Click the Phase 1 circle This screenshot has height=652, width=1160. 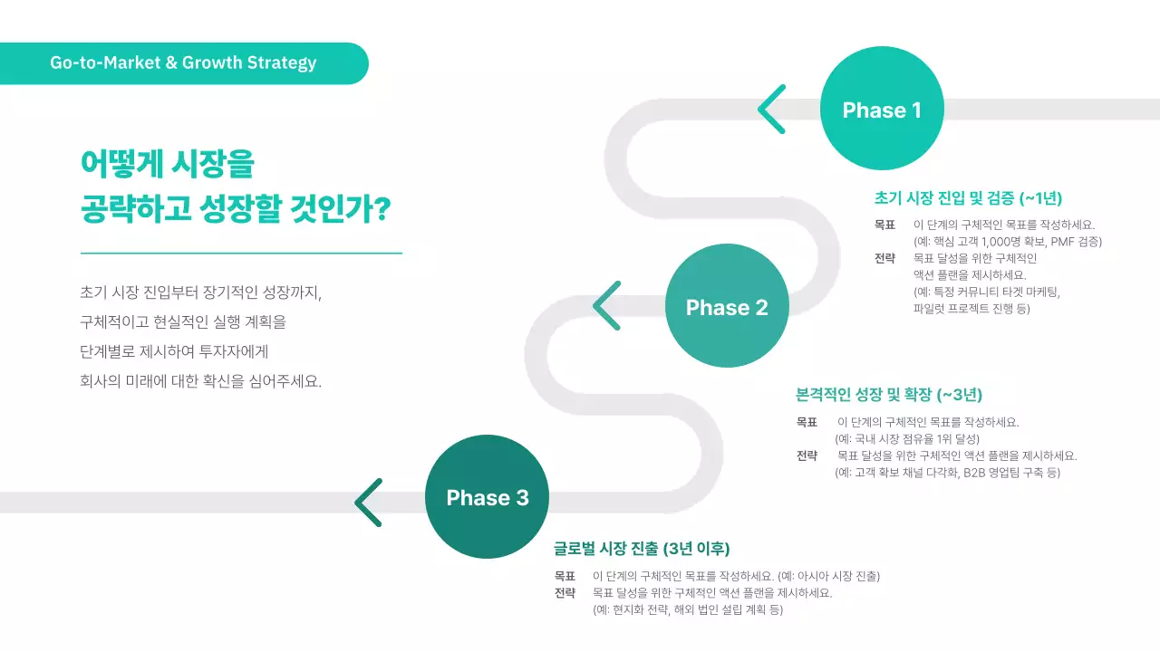[882, 110]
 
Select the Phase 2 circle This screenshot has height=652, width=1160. [727, 306]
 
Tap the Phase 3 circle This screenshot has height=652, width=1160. [487, 497]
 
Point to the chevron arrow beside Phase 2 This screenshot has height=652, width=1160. [606, 306]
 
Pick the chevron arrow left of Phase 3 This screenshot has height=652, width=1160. [368, 503]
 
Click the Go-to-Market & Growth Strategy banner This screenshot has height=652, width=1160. [183, 63]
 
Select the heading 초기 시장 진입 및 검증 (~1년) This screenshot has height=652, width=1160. [968, 198]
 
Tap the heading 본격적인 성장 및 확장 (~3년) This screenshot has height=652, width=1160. [889, 395]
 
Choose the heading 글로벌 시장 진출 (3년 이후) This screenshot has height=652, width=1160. [642, 549]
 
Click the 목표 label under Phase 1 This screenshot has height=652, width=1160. [884, 225]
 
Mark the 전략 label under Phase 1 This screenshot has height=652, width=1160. [884, 258]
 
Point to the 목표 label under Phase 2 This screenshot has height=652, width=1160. [807, 422]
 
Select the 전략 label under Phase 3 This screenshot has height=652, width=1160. [565, 593]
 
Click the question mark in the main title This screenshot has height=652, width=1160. [382, 211]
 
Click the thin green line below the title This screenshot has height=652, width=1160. [241, 254]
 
